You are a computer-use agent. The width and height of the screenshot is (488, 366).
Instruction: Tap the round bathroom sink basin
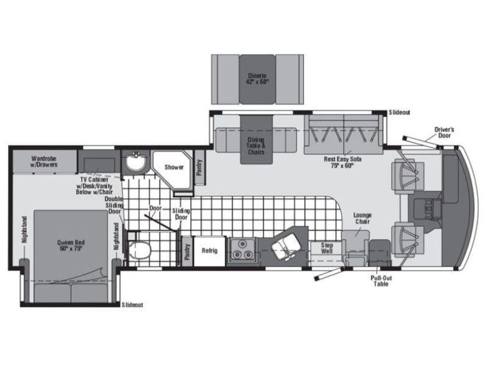click(x=135, y=162)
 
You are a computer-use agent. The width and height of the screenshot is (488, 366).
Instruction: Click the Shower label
click(x=174, y=167)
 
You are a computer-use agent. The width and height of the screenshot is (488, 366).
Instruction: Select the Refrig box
click(x=209, y=251)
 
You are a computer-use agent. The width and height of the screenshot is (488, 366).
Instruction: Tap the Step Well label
click(x=327, y=248)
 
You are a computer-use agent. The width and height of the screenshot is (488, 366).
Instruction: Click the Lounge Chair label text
click(x=362, y=218)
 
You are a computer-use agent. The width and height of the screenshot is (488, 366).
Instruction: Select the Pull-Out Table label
click(x=381, y=281)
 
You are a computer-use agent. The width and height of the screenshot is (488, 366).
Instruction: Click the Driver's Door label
click(x=444, y=132)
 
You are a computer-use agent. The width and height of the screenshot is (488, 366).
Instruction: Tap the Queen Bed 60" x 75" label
click(x=71, y=246)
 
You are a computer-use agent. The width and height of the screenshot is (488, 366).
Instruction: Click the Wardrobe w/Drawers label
click(x=44, y=162)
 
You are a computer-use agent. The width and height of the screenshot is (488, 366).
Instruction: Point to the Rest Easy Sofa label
click(x=342, y=162)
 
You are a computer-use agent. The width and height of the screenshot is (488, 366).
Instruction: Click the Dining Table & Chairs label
click(x=256, y=146)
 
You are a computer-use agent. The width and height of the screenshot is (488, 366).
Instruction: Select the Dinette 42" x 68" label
click(x=257, y=79)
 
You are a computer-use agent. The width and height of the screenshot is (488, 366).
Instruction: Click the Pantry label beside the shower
click(x=199, y=167)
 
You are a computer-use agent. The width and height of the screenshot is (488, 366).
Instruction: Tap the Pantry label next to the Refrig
click(x=187, y=252)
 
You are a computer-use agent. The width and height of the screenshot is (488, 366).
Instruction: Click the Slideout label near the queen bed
click(x=132, y=305)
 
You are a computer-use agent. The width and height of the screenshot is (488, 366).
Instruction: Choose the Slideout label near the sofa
click(x=400, y=112)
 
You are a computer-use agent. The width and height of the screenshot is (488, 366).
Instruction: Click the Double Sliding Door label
click(x=114, y=205)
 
